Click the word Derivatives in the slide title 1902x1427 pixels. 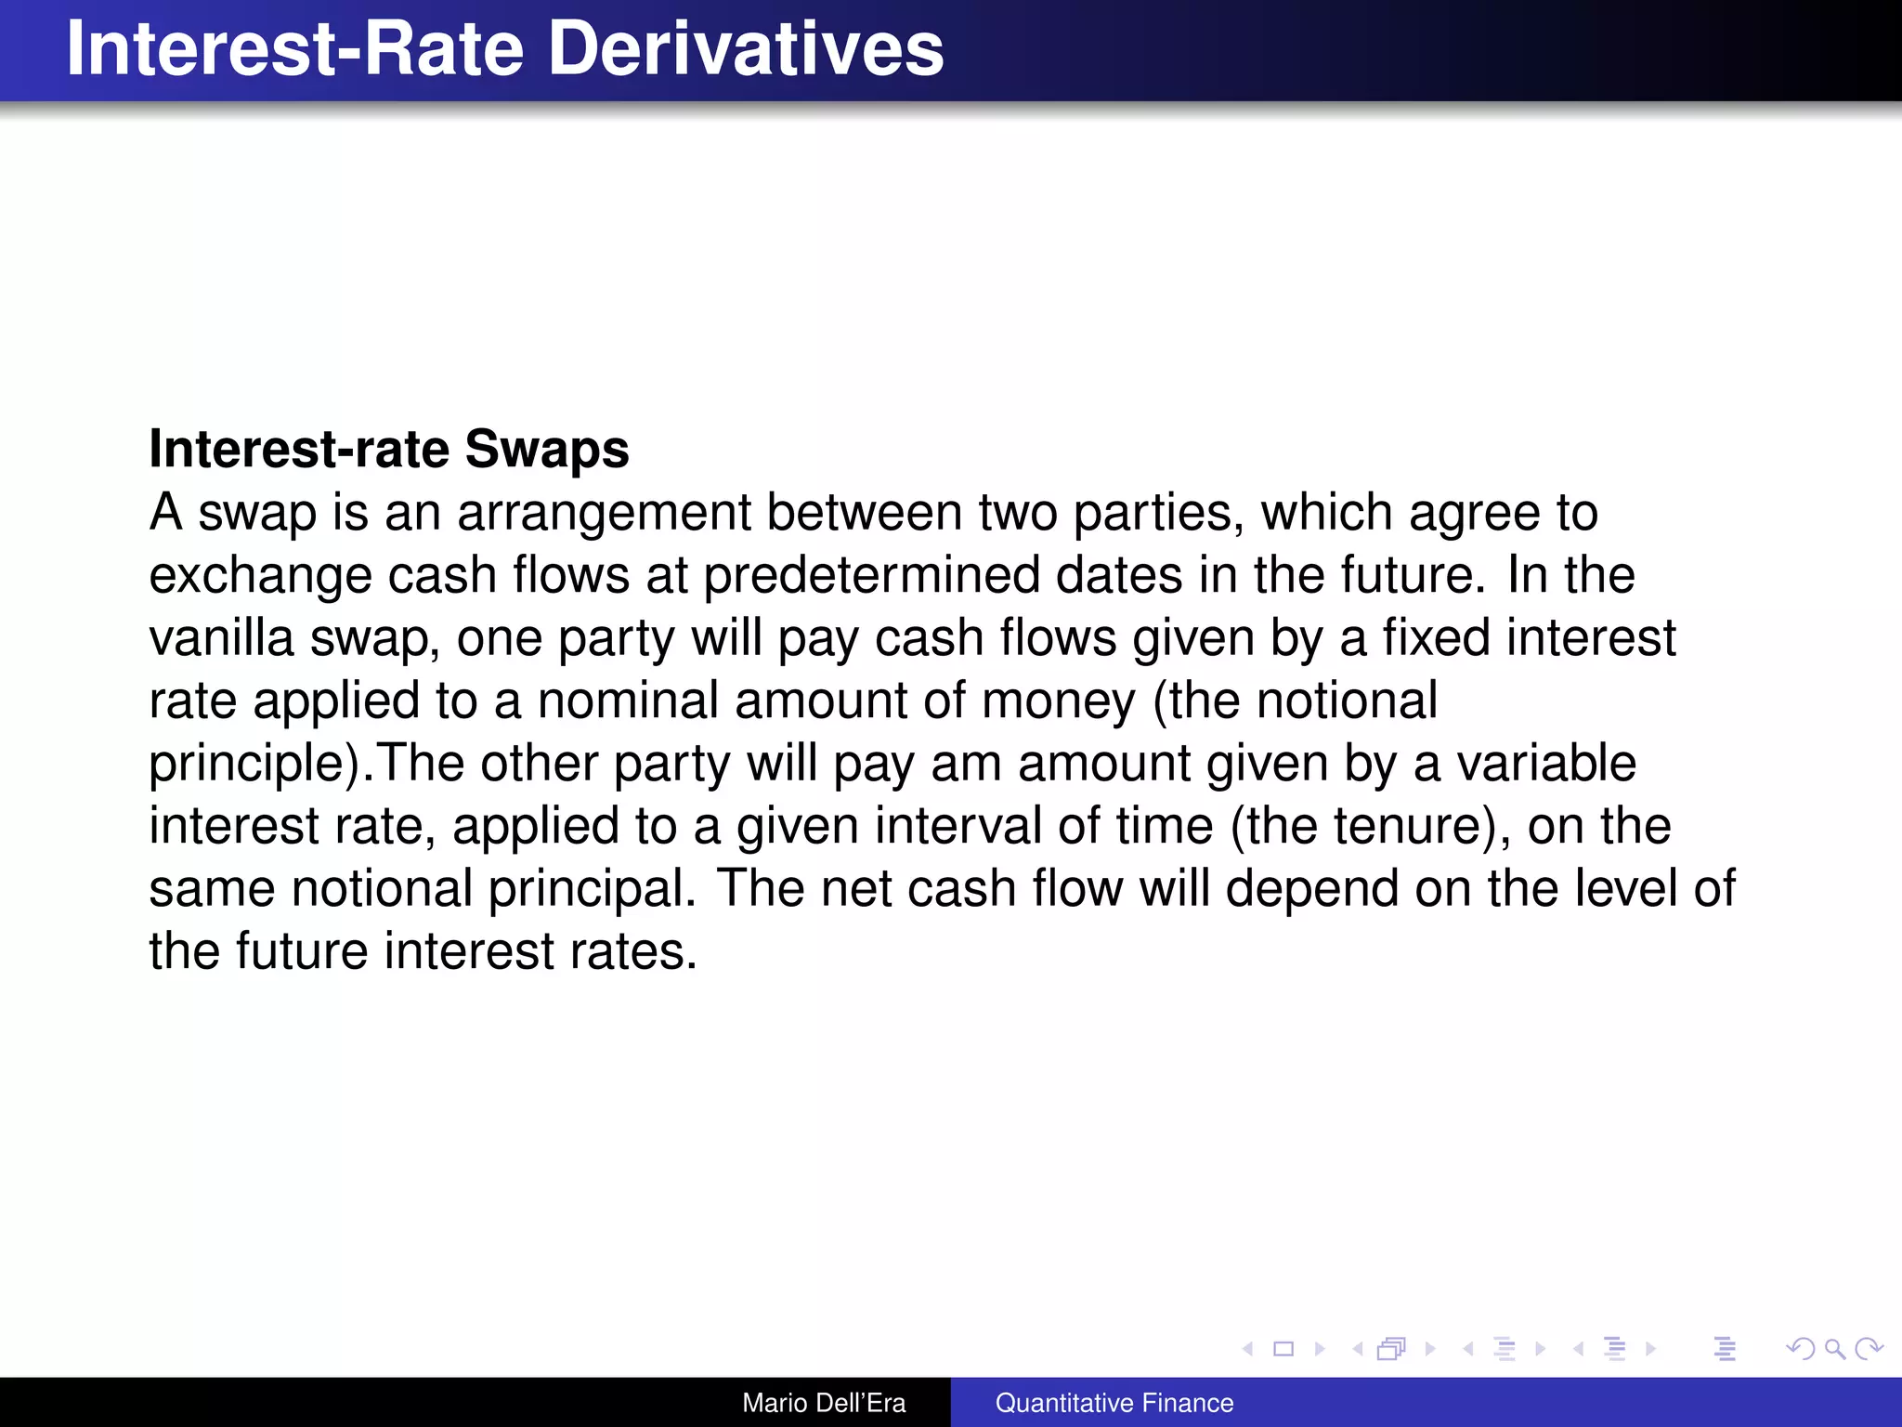[x=746, y=48]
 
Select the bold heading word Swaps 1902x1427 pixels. [x=546, y=450]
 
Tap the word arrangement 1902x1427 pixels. [x=604, y=514]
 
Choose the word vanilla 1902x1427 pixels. [x=221, y=638]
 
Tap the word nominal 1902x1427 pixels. [x=628, y=700]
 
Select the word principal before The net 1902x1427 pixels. [x=591, y=889]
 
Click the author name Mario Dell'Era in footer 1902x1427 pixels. [x=824, y=1403]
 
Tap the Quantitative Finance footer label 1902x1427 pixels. [x=1114, y=1403]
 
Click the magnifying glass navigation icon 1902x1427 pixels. [x=1834, y=1349]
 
